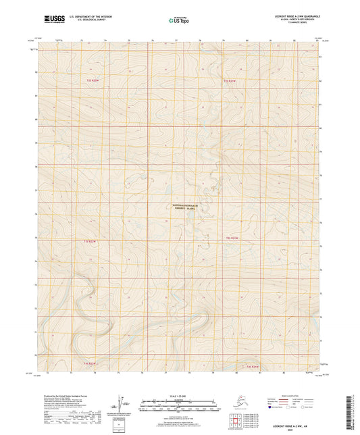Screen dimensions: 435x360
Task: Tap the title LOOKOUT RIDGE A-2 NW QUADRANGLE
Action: pyautogui.click(x=290, y=15)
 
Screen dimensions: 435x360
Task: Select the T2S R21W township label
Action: pyautogui.click(x=231, y=238)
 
